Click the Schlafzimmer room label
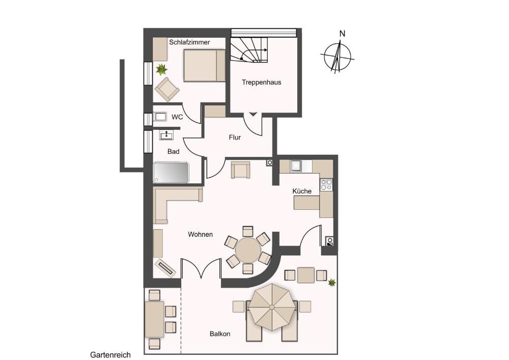pos(189,42)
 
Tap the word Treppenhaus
pos(261,82)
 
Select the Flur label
pos(235,137)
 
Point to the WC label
pos(177,117)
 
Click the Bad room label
pos(174,152)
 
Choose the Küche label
pos(302,191)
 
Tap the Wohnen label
pos(200,234)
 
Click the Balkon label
pos(220,334)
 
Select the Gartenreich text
pos(110,355)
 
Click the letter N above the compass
pos(342,34)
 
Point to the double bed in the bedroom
pos(204,65)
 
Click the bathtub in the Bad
pos(171,173)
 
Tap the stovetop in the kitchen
pos(326,184)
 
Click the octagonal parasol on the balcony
pos(272,307)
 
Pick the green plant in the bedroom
pos(161,69)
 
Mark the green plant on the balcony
pos(331,283)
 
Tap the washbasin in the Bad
pos(166,134)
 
